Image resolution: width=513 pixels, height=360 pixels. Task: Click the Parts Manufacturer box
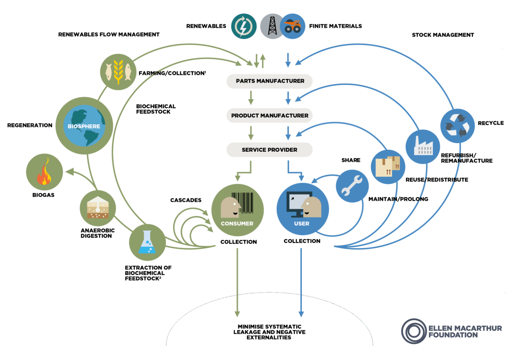coord(270,81)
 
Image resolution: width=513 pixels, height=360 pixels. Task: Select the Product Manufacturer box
coord(270,115)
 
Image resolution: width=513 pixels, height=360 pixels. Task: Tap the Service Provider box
coord(270,150)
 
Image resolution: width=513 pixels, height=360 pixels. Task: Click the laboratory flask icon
coord(147,242)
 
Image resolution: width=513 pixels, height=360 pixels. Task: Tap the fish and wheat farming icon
coord(117,71)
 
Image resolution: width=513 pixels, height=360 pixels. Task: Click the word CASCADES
coord(186,200)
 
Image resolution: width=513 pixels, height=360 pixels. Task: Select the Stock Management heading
coord(443,35)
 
